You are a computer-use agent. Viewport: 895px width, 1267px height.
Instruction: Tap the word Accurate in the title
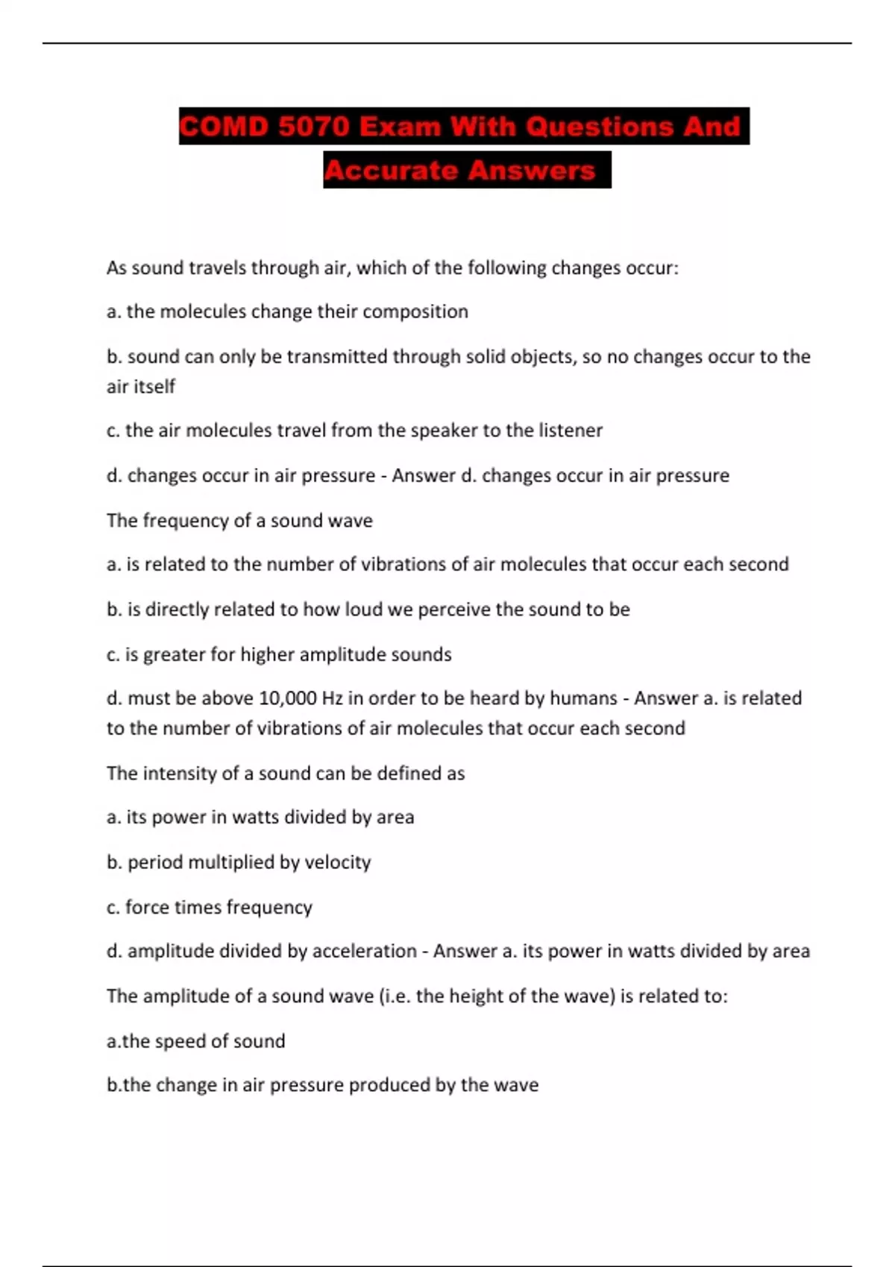click(x=391, y=170)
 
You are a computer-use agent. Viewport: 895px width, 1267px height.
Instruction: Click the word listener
click(x=570, y=430)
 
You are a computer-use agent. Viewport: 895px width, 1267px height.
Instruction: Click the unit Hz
click(x=332, y=698)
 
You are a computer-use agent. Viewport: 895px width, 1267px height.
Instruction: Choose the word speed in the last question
click(x=178, y=1041)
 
